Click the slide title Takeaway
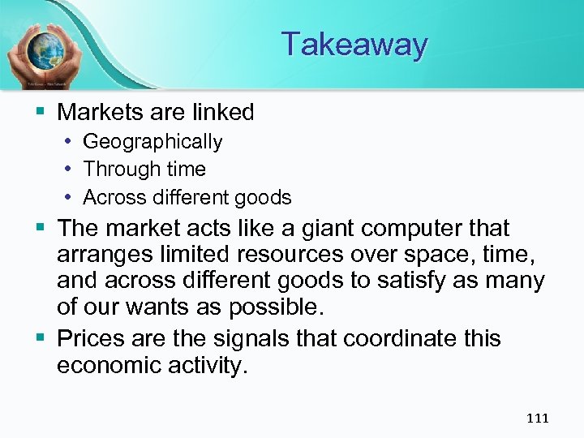point(354,44)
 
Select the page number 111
point(537,419)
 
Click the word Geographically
point(152,142)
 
